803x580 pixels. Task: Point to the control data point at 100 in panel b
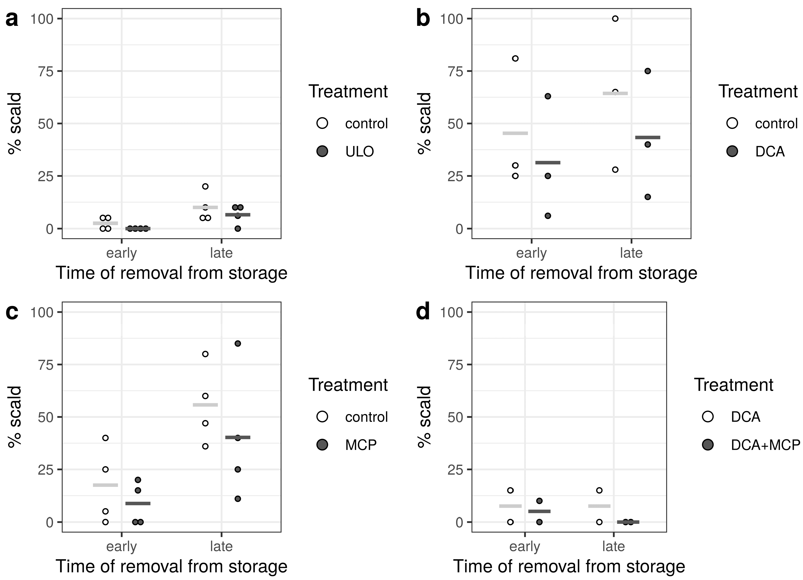tap(615, 19)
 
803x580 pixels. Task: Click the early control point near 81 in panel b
tap(515, 59)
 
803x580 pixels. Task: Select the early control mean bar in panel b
tap(515, 133)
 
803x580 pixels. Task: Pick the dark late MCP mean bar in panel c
tap(238, 438)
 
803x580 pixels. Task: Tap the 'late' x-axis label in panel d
tap(614, 546)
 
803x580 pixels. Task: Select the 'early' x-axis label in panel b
tap(531, 253)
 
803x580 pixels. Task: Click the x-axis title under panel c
tap(172, 566)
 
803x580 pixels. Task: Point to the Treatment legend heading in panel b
tap(758, 92)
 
